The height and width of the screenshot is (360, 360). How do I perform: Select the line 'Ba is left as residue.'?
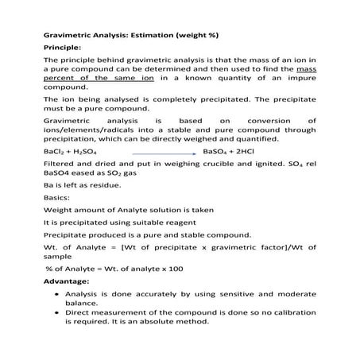(82, 185)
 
